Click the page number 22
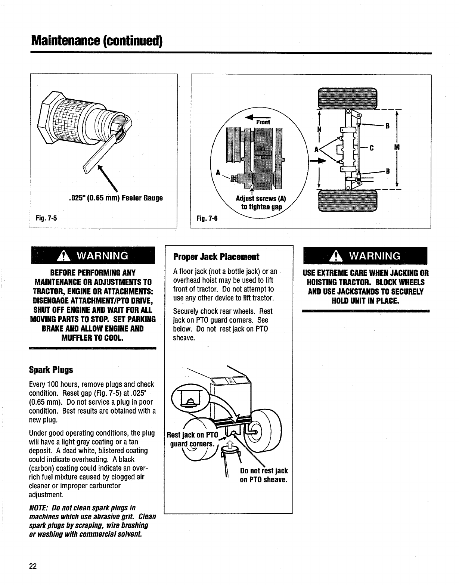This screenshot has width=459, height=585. tap(33, 566)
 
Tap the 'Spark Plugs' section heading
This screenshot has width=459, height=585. tap(51, 370)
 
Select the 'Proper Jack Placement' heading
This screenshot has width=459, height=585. tap(216, 257)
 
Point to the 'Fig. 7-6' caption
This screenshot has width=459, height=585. tap(205, 219)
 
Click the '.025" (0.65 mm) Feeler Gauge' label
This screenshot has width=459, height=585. tap(116, 198)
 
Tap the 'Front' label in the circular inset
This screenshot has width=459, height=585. tap(263, 122)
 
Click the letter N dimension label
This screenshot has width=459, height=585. tap(319, 129)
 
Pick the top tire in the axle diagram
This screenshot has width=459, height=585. tap(347, 98)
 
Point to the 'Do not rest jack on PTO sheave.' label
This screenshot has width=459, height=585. tap(263, 475)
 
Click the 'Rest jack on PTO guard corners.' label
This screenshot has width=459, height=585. tap(192, 439)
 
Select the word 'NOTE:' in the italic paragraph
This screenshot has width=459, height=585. tap(39, 508)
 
